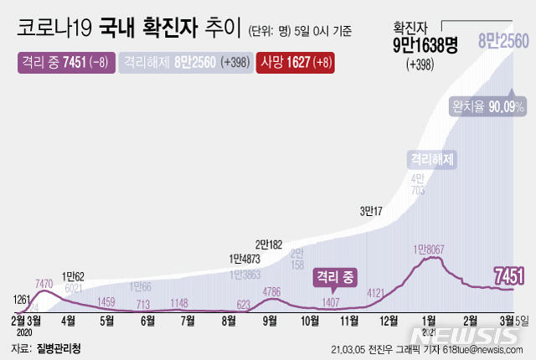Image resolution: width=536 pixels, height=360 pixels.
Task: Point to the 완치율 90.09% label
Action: point(488,107)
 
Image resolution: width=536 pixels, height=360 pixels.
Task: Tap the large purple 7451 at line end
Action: point(509,275)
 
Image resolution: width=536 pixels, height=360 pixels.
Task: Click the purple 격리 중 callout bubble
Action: point(335,275)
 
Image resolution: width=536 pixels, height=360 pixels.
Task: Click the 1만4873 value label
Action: point(245,259)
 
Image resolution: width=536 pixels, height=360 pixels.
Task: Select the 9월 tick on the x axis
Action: point(270,320)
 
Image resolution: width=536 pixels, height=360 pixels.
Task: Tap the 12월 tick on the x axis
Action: point(389,320)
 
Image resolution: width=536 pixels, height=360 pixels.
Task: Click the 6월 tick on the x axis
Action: point(147,320)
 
